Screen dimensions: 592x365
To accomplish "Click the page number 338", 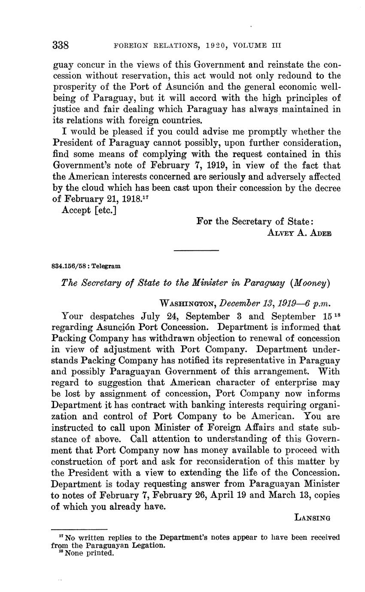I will point(61,45).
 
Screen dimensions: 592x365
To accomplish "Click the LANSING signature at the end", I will point(312,518).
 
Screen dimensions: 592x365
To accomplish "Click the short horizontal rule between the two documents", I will point(196,250).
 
